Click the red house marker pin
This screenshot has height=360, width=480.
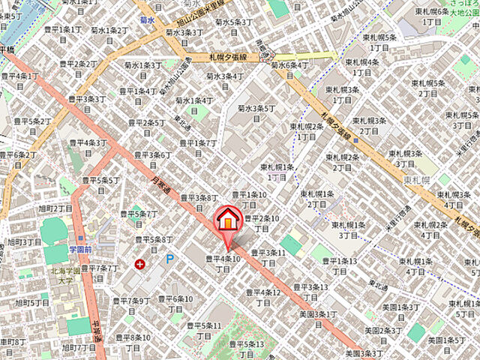(x=228, y=220)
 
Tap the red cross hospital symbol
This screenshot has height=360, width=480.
(x=139, y=264)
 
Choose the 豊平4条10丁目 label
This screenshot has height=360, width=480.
(x=223, y=264)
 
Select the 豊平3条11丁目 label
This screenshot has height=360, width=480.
(x=268, y=257)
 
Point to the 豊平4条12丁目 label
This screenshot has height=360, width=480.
(x=262, y=297)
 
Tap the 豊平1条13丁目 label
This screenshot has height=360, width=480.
(x=340, y=265)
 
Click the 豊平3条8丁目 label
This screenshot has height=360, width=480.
(x=196, y=202)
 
